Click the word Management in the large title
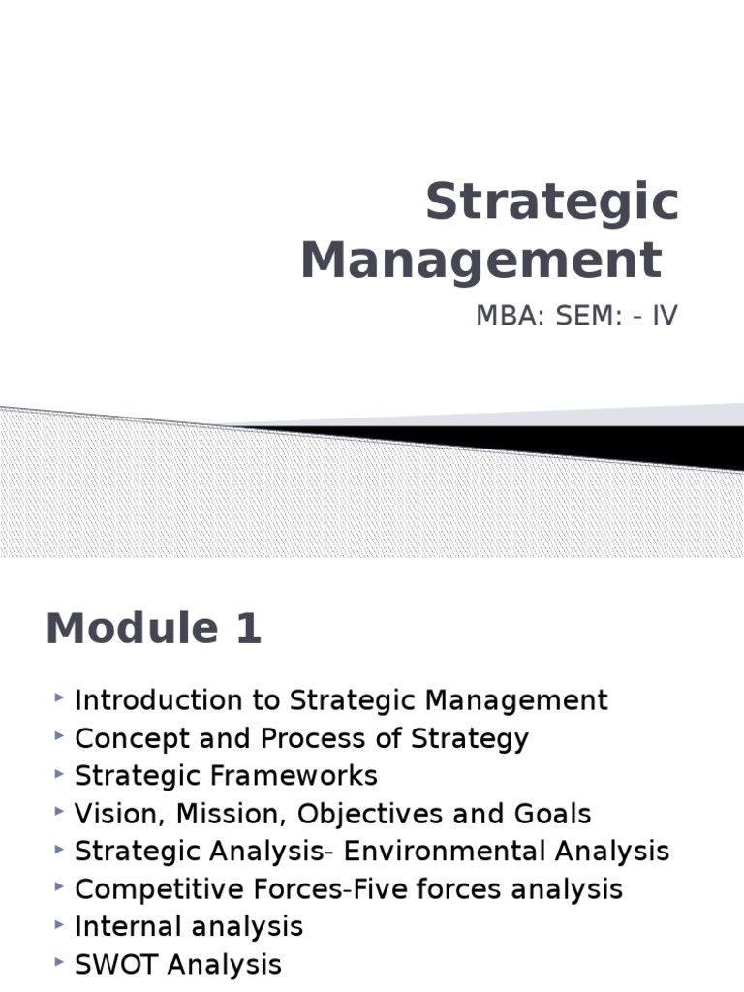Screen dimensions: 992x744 [x=480, y=262]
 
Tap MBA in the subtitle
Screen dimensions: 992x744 [x=501, y=317]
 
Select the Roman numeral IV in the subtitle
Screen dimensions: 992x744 [x=665, y=317]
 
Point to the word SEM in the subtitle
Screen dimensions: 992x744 [x=577, y=317]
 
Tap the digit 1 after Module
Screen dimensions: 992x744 [x=246, y=630]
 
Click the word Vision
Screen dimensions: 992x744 [x=109, y=814]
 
